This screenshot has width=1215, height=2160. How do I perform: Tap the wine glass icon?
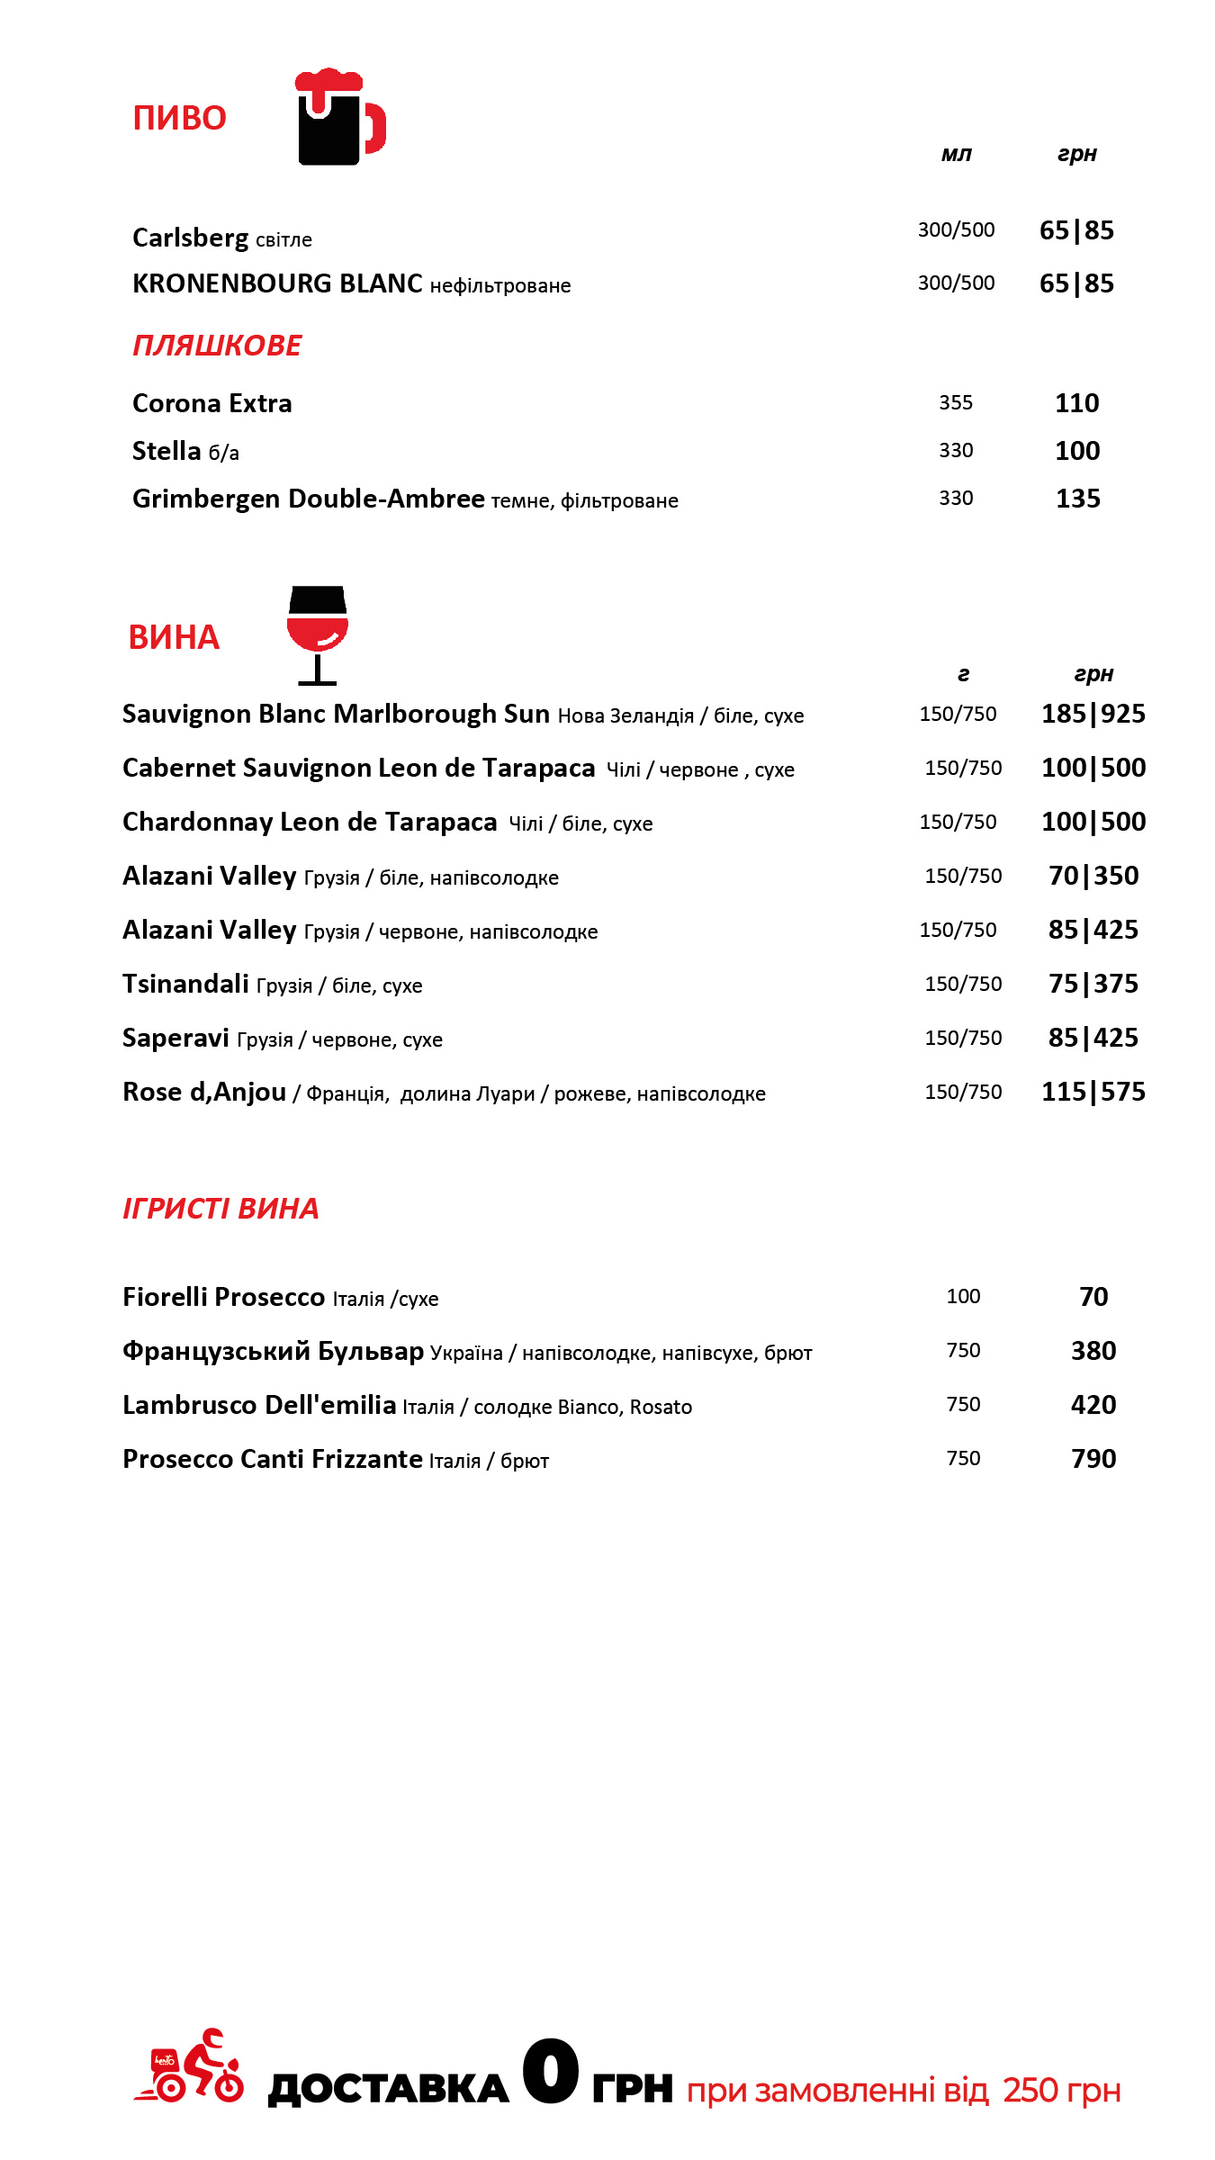coord(317,634)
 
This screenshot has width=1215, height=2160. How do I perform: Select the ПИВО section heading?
coord(179,119)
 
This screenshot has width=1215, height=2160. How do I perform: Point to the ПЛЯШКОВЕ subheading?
coord(217,346)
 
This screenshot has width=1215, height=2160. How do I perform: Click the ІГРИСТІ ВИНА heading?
coord(220,1209)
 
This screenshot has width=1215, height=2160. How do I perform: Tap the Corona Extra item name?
coord(212,403)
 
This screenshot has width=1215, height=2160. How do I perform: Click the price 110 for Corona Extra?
coord(1077,403)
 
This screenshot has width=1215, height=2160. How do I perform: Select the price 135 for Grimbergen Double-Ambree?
coord(1078,499)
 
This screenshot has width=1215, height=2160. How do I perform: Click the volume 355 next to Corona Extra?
coord(956,403)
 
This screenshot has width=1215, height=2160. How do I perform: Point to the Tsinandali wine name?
coord(185,984)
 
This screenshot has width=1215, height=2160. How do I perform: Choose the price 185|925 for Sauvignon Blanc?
coord(1093,714)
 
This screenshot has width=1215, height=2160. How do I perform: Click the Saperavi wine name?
coord(176,1038)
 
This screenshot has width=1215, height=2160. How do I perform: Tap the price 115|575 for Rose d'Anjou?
coord(1093,1092)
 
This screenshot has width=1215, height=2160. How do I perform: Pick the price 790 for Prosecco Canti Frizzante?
coord(1093,1459)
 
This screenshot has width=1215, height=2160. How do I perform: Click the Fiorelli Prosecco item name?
coord(224,1297)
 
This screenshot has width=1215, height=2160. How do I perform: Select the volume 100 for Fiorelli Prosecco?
coord(963,1297)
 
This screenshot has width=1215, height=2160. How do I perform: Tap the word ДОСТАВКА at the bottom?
coord(389,2088)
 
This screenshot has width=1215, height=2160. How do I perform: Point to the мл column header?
coord(956,154)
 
